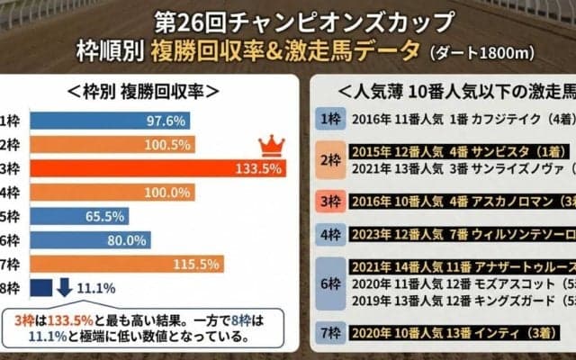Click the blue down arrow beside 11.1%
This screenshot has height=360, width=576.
pyautogui.click(x=65, y=288)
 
